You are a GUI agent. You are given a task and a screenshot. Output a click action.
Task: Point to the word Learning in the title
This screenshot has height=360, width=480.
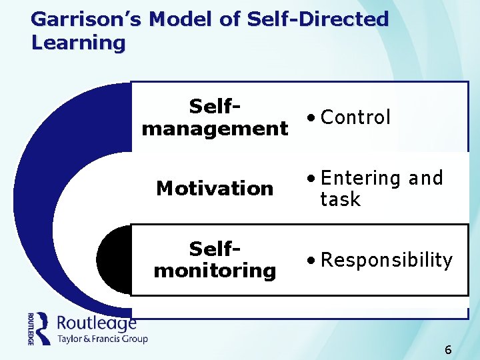pyautogui.click(x=78, y=43)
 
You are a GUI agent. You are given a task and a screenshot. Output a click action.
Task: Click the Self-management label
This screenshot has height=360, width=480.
pyautogui.click(x=215, y=117)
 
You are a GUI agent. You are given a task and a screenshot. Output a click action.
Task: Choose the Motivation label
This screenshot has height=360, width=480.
pyautogui.click(x=215, y=189)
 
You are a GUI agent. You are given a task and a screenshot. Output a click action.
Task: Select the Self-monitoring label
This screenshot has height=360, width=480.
pyautogui.click(x=215, y=260)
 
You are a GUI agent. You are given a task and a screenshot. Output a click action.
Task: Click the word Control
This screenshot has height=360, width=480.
pyautogui.click(x=355, y=117)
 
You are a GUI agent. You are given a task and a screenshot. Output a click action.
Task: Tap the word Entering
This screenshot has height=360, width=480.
pyautogui.click(x=360, y=179)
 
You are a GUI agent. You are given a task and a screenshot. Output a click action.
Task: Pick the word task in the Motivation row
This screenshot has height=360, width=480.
pyautogui.click(x=340, y=199)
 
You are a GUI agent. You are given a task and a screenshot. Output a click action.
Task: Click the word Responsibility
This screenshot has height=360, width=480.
pyautogui.click(x=387, y=260)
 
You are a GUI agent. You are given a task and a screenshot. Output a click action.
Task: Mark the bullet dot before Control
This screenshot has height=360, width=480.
pyautogui.click(x=311, y=119)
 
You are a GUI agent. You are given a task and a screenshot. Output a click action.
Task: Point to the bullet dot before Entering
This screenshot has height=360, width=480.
pyautogui.click(x=311, y=179)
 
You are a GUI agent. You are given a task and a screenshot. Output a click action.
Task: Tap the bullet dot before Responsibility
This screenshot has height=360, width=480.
pyautogui.click(x=311, y=261)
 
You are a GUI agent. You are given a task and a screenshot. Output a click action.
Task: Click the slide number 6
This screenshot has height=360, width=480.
pyautogui.click(x=448, y=350)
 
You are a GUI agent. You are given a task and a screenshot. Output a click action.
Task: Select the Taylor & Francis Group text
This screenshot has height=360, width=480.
pyautogui.click(x=102, y=339)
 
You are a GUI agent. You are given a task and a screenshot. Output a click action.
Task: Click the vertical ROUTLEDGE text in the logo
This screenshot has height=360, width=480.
pyautogui.click(x=31, y=328)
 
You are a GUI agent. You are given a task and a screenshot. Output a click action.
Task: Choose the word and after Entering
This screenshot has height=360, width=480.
pyautogui.click(x=425, y=179)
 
